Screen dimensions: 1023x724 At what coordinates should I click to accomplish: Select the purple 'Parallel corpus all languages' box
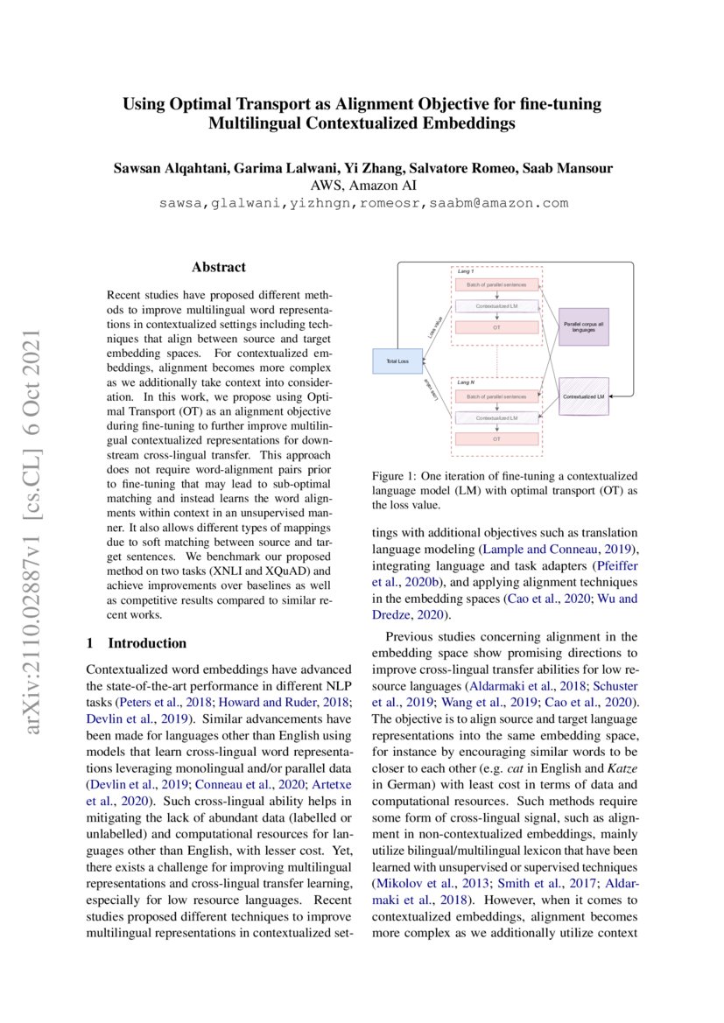[584, 327]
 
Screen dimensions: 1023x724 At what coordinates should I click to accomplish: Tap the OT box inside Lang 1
[496, 327]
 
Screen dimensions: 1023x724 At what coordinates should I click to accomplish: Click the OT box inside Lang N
[496, 438]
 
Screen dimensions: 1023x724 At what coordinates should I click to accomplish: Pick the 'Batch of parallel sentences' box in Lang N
[496, 396]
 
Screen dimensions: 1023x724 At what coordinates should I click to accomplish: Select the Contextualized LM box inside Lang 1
[496, 306]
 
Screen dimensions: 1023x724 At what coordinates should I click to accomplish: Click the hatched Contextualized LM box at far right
[584, 396]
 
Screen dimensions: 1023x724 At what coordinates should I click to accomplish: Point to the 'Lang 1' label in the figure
[466, 272]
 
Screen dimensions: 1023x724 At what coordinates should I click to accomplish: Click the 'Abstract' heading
[219, 267]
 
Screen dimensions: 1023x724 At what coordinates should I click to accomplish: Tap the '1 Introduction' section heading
[137, 643]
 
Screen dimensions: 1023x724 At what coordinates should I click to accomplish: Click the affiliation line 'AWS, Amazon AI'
[363, 186]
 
